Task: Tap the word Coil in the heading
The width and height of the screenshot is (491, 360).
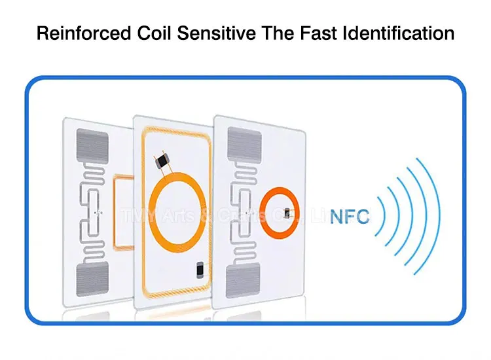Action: (152, 33)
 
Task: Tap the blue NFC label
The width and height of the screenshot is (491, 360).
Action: (350, 216)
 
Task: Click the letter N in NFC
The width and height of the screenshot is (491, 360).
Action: (337, 216)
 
